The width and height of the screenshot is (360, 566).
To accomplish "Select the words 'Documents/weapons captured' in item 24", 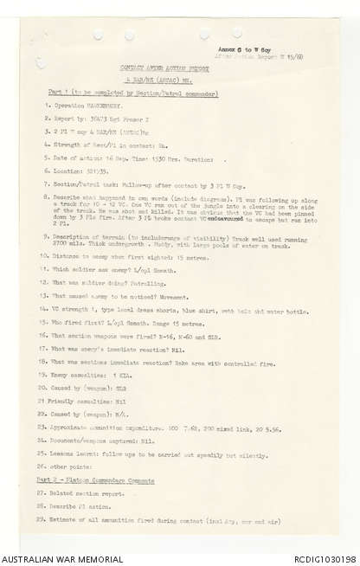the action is (x=92, y=441).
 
